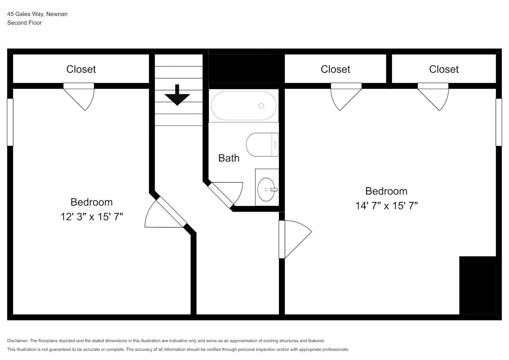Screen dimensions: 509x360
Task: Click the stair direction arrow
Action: pos(177,95)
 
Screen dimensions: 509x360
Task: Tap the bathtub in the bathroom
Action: pos(244,106)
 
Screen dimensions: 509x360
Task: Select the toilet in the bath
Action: pos(262,145)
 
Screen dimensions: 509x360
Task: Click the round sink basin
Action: pos(266,190)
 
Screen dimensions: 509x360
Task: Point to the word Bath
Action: pos(229,158)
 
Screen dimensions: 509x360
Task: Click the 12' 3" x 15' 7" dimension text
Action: pos(91,217)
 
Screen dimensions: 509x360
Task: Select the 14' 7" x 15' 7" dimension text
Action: pos(387,206)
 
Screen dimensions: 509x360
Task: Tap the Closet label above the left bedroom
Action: pos(81,69)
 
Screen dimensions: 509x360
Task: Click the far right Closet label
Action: pos(444,69)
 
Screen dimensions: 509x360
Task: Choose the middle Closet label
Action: pos(335,69)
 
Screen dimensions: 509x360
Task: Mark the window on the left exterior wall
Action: pos(10,122)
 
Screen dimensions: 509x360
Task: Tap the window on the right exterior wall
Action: pos(499,122)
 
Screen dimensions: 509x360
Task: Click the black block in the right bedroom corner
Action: pos(478,285)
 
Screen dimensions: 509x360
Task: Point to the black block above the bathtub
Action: pos(244,69)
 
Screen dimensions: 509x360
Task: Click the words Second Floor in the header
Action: pos(24,23)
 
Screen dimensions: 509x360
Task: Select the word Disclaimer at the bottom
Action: pos(18,341)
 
